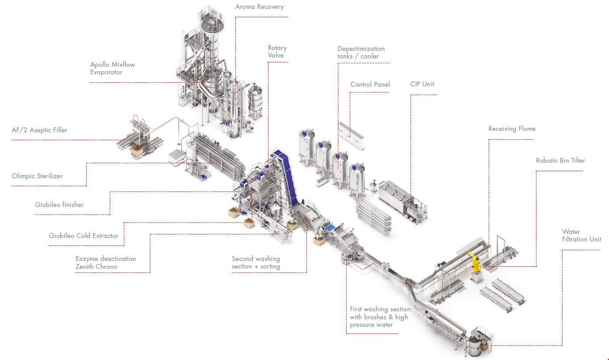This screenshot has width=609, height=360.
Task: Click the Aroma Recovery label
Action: click(259, 7)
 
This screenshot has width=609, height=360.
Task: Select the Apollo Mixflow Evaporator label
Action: click(112, 68)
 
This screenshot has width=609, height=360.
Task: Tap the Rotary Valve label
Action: click(277, 51)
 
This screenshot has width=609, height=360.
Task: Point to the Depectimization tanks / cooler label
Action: click(361, 52)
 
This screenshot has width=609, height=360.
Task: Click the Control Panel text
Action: click(370, 84)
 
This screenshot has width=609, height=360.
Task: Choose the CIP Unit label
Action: click(422, 84)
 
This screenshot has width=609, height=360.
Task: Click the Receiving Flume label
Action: click(512, 129)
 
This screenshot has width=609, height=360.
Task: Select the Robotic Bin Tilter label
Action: click(560, 161)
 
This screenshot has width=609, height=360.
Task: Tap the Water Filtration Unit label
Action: click(581, 235)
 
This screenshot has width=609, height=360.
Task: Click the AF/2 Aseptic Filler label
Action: click(39, 130)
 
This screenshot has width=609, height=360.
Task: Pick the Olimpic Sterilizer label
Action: click(37, 176)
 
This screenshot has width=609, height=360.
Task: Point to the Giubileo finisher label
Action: click(59, 205)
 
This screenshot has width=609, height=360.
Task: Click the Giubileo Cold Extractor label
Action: click(84, 236)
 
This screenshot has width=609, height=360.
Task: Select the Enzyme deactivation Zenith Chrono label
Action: click(106, 263)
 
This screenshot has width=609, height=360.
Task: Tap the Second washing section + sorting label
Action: click(256, 262)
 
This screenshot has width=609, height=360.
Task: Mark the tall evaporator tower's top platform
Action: click(211, 15)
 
